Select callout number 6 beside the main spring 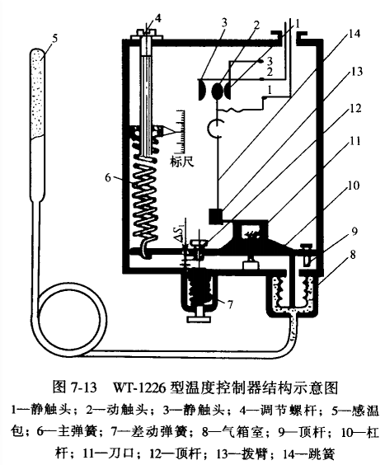(108, 177)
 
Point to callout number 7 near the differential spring (230, 304)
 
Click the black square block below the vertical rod (217, 216)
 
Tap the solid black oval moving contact (218, 90)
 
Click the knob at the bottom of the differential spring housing (199, 319)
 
